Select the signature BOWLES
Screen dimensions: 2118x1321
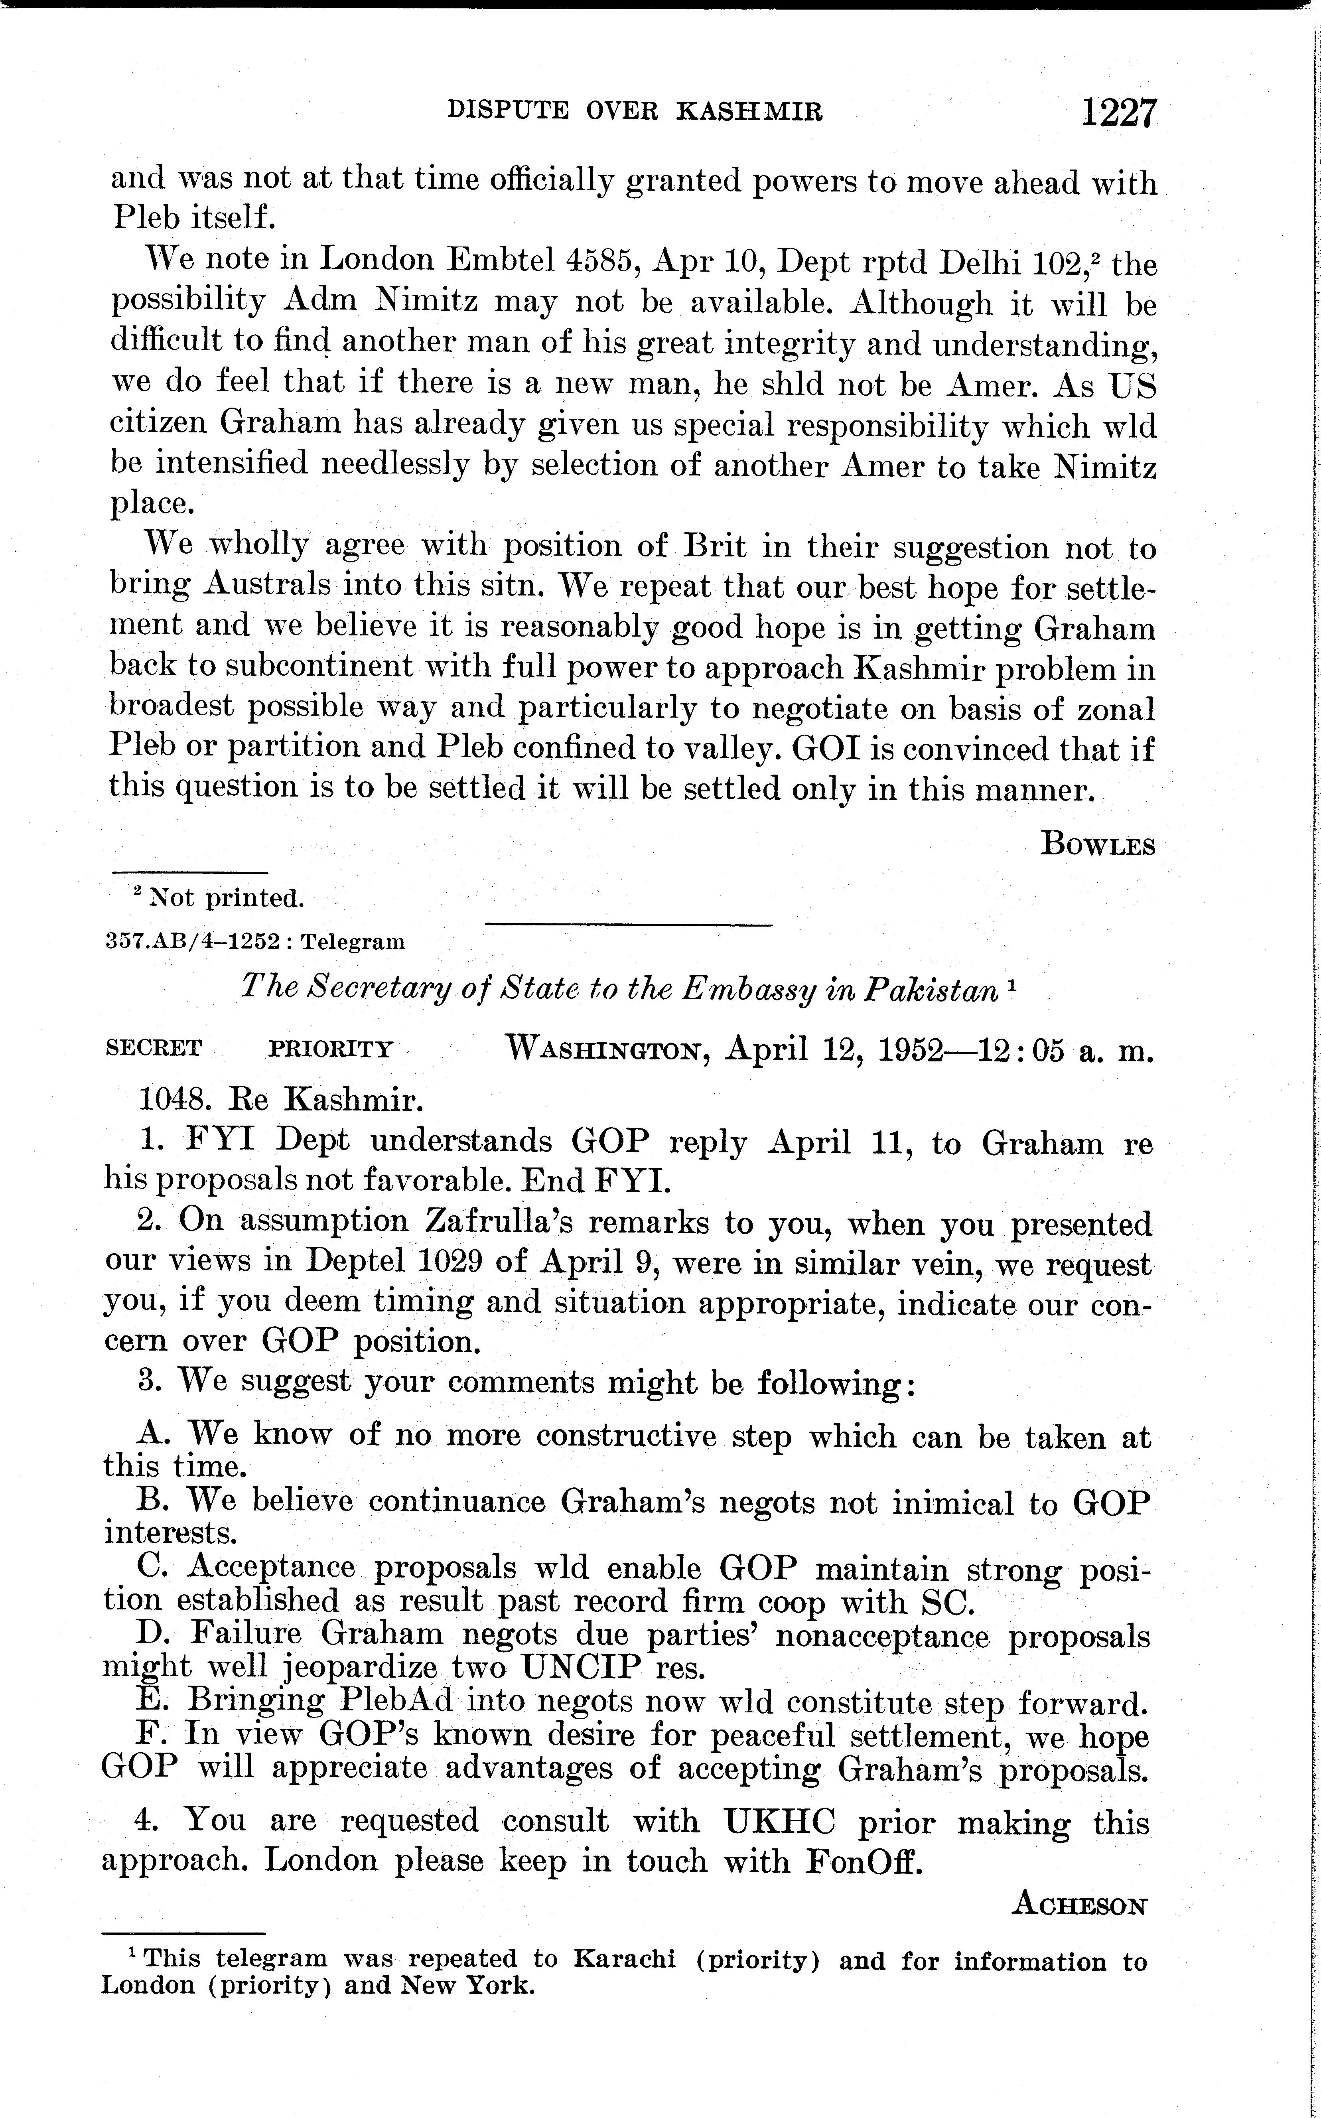(1098, 845)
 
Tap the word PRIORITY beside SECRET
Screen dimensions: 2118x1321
(330, 1048)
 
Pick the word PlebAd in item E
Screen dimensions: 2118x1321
(407, 1702)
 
